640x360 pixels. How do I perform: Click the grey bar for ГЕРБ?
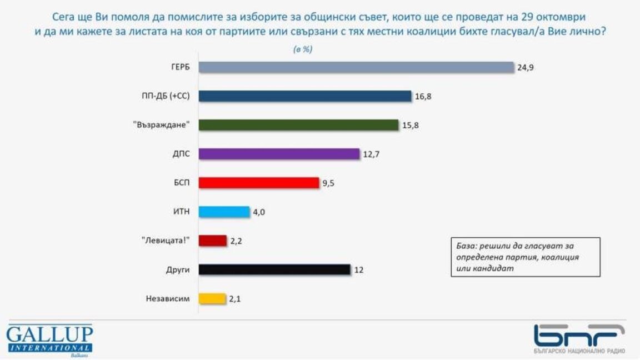pos(356,67)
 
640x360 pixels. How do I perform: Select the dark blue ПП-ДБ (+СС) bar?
pos(305,96)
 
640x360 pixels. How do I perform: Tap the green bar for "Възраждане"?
pos(299,125)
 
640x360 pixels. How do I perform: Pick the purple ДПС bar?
pos(279,154)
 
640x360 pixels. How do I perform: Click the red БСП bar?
pos(259,183)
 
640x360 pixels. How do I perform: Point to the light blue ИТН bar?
pos(224,212)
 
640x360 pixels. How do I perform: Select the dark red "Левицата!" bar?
pos(213,241)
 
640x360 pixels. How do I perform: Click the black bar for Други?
pos(274,269)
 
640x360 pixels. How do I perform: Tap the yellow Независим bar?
pos(212,299)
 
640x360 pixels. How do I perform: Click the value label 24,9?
pos(524,68)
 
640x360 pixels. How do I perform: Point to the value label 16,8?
pos(423,97)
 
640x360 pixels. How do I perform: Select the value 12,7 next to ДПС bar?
pos(371,154)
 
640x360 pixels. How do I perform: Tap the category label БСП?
pos(182,183)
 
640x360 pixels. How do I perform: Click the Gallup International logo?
pos(49,340)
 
